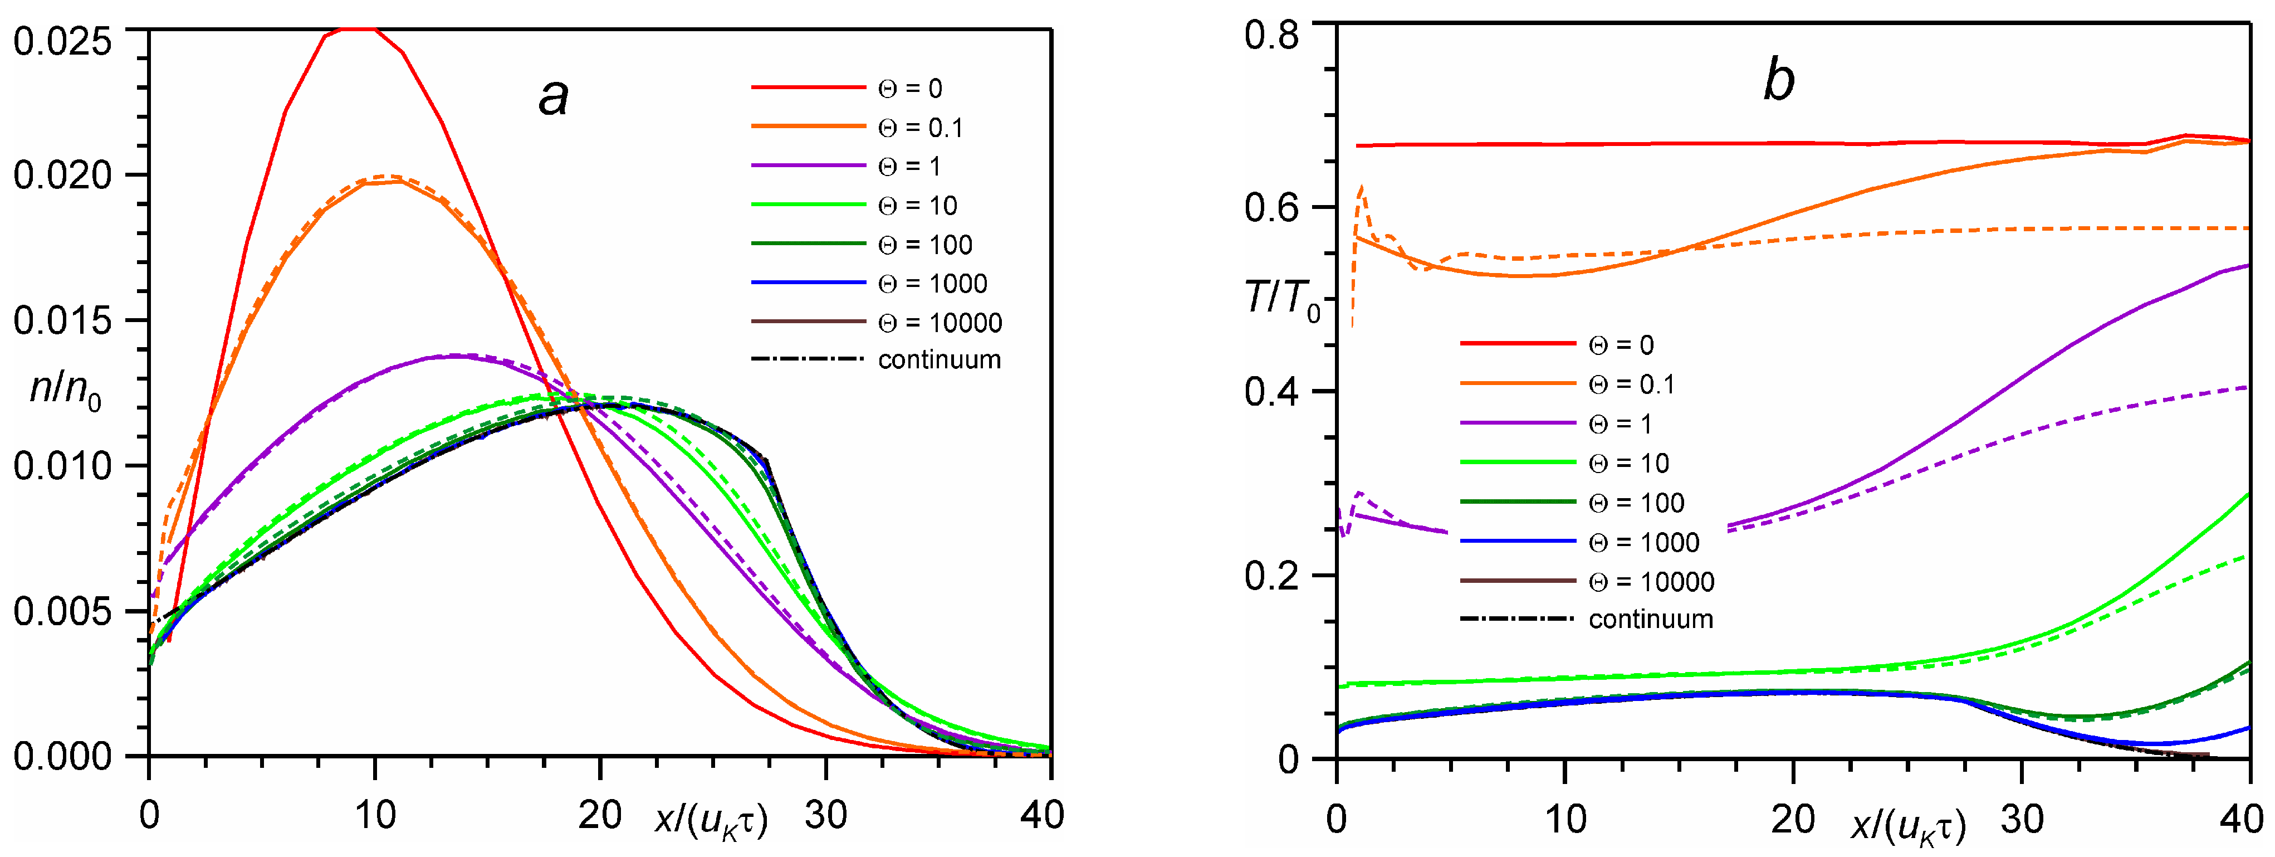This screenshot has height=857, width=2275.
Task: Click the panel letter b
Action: point(1778,80)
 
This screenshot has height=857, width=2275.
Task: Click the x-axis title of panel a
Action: point(712,819)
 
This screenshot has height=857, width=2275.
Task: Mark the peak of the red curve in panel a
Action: point(351,29)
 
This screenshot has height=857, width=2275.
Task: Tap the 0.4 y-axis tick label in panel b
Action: point(1272,391)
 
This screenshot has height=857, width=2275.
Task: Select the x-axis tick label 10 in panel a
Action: point(374,815)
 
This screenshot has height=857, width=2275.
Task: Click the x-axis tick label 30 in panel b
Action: point(2022,819)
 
